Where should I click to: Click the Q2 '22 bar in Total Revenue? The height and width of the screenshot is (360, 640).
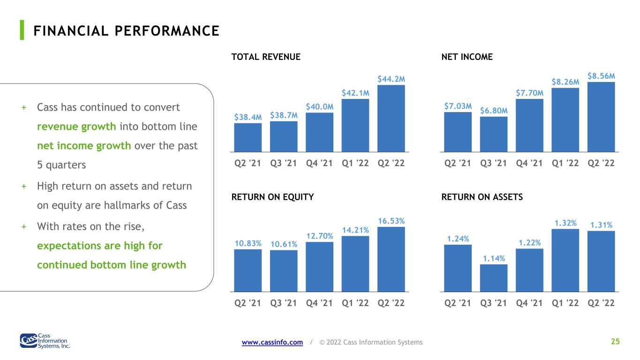(x=391, y=118)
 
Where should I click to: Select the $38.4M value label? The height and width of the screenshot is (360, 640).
(x=248, y=117)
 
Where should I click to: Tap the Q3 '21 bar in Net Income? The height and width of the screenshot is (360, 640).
(x=493, y=134)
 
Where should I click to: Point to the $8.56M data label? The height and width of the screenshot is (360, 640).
(x=601, y=76)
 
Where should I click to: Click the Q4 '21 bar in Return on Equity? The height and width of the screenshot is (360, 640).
(x=319, y=267)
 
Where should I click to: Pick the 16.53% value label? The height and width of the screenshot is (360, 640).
(x=391, y=221)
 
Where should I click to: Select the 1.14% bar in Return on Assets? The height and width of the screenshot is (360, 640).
(x=493, y=278)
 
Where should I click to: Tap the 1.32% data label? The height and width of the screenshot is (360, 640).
(x=565, y=223)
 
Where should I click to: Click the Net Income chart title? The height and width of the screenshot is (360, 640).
(x=467, y=57)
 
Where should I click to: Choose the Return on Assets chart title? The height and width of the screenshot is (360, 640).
(x=482, y=197)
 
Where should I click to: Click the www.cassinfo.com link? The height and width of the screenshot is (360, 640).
(x=272, y=342)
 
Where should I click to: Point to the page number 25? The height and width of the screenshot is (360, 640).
(x=615, y=341)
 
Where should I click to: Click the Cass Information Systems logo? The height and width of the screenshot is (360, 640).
(x=45, y=341)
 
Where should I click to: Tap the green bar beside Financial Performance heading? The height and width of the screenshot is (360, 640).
(x=22, y=30)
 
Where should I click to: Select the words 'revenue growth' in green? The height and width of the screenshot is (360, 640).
(x=76, y=127)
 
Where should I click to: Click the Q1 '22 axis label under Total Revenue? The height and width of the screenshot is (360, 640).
(x=355, y=163)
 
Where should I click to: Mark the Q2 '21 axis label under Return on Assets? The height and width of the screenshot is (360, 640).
(x=458, y=303)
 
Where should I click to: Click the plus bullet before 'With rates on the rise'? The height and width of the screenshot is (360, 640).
(x=24, y=227)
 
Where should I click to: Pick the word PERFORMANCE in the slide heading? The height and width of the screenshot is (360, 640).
(x=167, y=31)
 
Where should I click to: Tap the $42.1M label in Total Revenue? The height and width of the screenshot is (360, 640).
(x=355, y=93)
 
